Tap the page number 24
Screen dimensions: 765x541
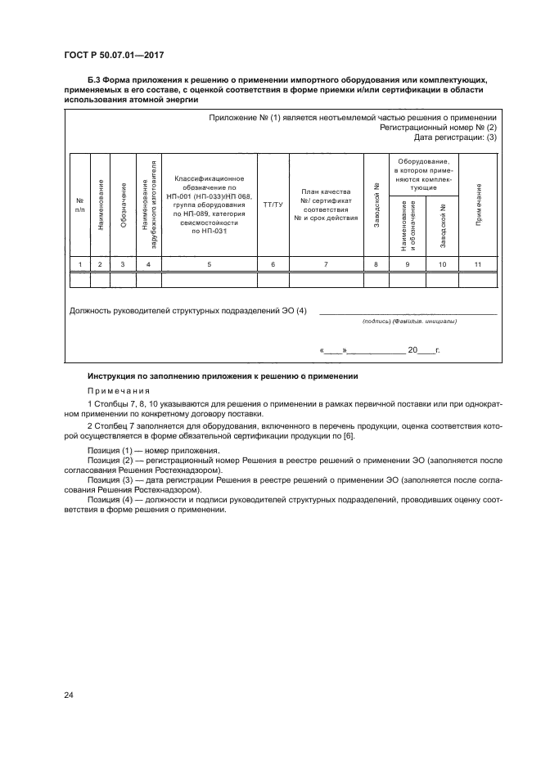pos(69,695)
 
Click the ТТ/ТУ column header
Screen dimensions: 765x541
pos(273,205)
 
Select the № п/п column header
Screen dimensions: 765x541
pos(79,205)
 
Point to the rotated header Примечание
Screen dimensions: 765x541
pos(477,205)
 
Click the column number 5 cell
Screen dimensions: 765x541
pos(210,263)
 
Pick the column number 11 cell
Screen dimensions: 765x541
pos(477,263)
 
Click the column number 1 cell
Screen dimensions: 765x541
pos(79,263)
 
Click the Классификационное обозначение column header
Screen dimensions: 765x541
pos(210,205)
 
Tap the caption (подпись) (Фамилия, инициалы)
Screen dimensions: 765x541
pos(408,322)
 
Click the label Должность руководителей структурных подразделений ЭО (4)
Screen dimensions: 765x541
pos(188,310)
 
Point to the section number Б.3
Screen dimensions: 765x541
pos(71,79)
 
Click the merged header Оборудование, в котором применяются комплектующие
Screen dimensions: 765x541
pos(424,174)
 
